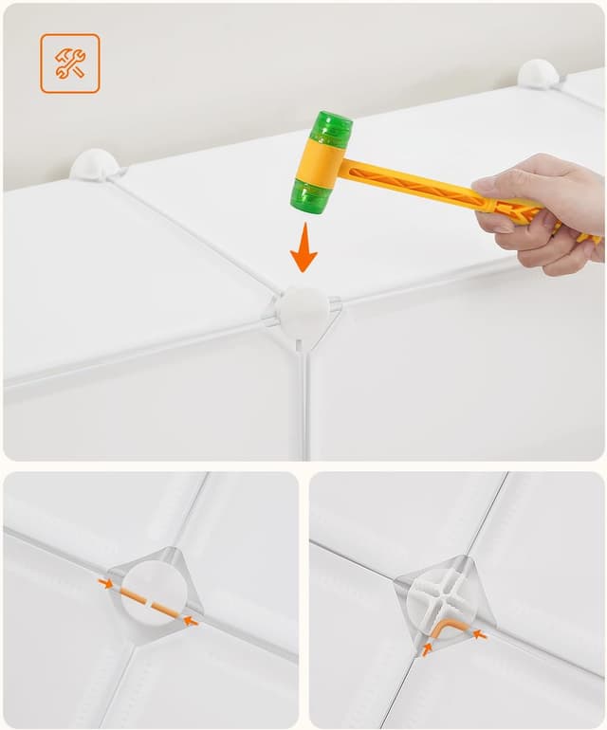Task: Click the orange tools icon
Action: coord(69,64)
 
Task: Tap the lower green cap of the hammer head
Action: coord(311,196)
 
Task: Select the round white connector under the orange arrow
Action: coord(303,312)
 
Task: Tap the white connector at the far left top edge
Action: coord(94,164)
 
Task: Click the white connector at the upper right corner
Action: coord(538,74)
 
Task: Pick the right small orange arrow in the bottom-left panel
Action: coord(191,621)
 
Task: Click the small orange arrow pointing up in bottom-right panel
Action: coord(428,649)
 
